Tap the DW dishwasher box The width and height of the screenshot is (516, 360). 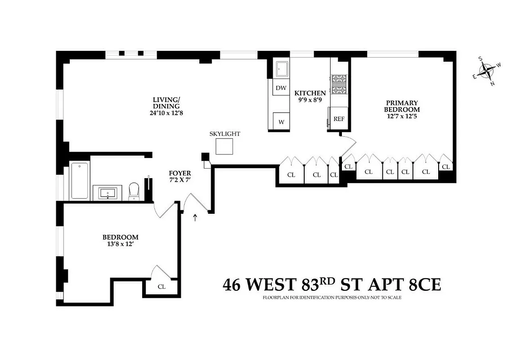click(281, 88)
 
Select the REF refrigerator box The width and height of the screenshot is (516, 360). click(339, 119)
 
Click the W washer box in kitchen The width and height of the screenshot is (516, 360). click(281, 121)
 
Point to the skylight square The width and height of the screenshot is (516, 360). click(224, 147)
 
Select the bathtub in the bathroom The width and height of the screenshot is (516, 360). click(80, 180)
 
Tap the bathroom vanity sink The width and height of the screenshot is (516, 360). click(108, 193)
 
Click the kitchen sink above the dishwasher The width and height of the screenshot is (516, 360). click(282, 69)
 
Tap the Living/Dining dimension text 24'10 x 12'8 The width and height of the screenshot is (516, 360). click(166, 113)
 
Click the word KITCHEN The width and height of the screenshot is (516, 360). click(310, 93)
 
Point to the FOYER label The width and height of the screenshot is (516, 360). click(180, 173)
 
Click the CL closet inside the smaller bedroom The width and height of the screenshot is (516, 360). click(162, 287)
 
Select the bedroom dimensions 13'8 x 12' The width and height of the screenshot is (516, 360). click(120, 244)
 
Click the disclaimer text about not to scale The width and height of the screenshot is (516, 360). click(332, 298)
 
